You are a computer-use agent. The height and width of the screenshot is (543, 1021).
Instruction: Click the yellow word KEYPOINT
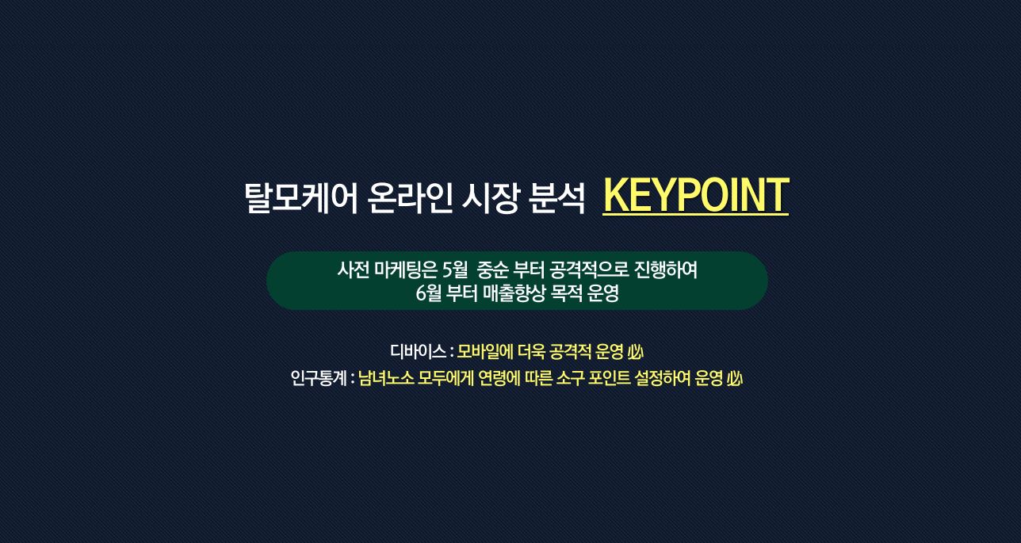695,195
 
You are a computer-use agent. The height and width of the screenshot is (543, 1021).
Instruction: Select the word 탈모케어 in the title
301,198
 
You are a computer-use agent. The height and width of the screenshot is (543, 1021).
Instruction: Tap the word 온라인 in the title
410,198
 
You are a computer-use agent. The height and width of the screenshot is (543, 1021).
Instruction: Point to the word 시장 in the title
491,198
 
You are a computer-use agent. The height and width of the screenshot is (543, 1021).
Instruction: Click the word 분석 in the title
557,198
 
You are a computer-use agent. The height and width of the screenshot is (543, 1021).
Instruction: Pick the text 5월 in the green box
455,270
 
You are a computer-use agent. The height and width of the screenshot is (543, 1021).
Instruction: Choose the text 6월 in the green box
428,293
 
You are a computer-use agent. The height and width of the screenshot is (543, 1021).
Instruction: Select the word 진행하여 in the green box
666,270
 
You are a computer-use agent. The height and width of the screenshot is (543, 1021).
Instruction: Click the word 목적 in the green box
567,293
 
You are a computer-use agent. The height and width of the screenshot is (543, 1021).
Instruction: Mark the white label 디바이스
418,351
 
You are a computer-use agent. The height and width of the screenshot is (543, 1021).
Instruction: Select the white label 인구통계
319,378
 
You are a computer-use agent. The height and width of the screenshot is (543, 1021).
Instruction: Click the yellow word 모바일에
485,351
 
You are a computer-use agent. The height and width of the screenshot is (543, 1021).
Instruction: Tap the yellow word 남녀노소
386,378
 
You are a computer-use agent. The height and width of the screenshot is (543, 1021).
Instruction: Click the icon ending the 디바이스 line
636,351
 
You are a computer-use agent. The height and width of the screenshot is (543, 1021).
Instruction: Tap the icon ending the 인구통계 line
735,378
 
